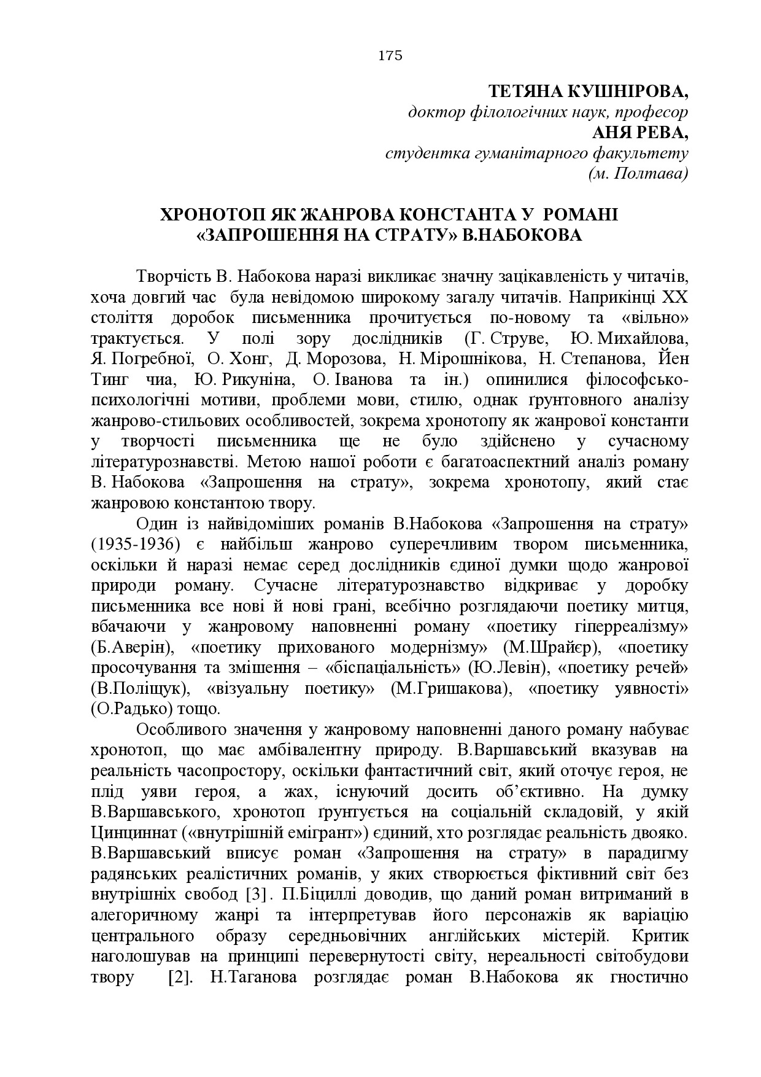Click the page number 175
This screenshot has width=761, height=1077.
[390, 56]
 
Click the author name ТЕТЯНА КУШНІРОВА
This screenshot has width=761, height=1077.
[588, 92]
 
